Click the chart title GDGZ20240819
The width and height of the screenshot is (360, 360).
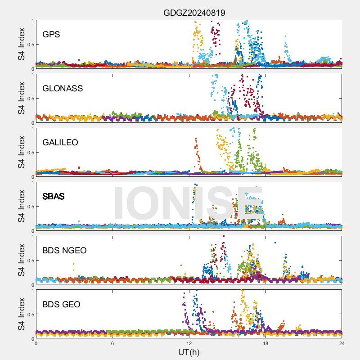pyautogui.click(x=194, y=13)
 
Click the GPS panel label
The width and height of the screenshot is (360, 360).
pyautogui.click(x=51, y=34)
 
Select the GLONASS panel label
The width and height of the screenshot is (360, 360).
pyautogui.click(x=63, y=88)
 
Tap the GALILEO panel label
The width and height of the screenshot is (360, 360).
pyautogui.click(x=60, y=142)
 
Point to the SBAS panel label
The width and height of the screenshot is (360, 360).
pyautogui.click(x=54, y=196)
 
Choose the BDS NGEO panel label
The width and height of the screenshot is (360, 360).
pyautogui.click(x=64, y=250)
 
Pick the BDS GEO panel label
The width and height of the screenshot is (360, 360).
pyautogui.click(x=61, y=304)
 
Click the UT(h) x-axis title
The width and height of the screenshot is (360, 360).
pyautogui.click(x=189, y=352)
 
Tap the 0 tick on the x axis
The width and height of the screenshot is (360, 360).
pyautogui.click(x=36, y=343)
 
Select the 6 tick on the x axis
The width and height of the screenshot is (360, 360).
pyautogui.click(x=112, y=343)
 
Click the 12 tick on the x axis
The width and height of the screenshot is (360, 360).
pyautogui.click(x=189, y=343)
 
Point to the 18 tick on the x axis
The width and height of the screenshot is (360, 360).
pyautogui.click(x=265, y=343)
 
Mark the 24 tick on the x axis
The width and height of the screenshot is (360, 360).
pyautogui.click(x=342, y=343)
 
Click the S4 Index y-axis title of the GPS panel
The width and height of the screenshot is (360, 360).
pyautogui.click(x=21, y=44)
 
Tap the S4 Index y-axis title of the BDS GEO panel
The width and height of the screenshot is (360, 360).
pyautogui.click(x=21, y=314)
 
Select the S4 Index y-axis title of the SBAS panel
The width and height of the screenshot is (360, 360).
pyautogui.click(x=21, y=206)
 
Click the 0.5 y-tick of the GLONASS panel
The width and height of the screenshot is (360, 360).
pyautogui.click(x=29, y=98)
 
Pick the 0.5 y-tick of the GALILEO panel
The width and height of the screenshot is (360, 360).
pyautogui.click(x=29, y=152)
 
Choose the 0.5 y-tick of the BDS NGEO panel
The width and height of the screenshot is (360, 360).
pyautogui.click(x=29, y=260)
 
